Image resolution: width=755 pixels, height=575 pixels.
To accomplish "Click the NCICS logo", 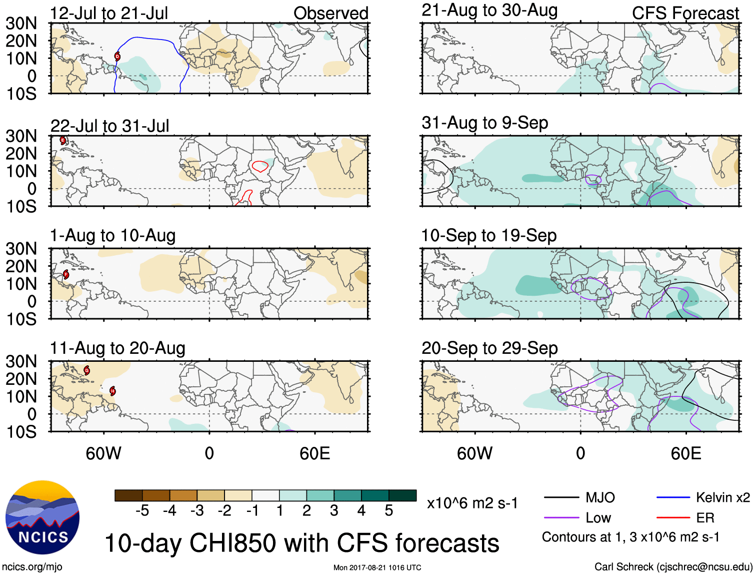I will click(42, 517).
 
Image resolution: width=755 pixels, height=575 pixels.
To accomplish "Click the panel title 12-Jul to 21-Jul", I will click(109, 13).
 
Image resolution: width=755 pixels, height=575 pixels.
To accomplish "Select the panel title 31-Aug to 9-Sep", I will click(484, 123).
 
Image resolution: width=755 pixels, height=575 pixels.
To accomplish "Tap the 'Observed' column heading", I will click(330, 13).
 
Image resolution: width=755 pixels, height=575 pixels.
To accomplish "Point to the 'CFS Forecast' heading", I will click(685, 13).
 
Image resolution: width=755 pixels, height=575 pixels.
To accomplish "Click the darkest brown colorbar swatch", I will click(128, 495).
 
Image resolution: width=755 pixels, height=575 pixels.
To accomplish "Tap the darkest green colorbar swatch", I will click(402, 495).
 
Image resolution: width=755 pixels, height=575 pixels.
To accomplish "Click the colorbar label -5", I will click(142, 510).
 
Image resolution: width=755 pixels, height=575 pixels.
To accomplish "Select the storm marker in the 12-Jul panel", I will click(117, 57).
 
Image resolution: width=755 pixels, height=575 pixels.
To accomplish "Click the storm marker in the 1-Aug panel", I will click(66, 274).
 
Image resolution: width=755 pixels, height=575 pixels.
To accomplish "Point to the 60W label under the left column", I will click(103, 453).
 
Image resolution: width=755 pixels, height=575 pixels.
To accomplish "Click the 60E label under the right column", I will click(685, 453).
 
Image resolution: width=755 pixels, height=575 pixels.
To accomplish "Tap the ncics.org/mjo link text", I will click(32, 566).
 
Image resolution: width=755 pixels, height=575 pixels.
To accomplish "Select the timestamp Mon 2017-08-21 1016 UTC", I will click(377, 567).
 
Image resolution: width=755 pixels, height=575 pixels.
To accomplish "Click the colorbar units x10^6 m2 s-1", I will click(472, 503).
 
